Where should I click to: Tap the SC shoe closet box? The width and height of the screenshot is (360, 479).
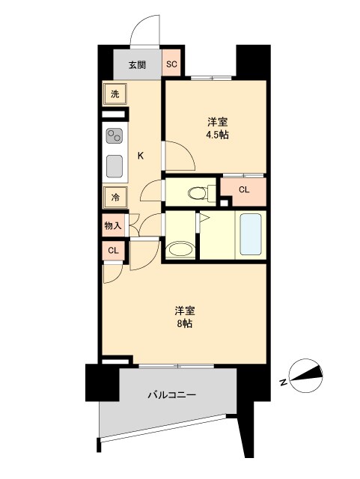click(171, 64)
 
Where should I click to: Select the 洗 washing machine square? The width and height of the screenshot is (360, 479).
click(115, 94)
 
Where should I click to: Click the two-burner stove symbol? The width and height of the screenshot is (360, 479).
click(115, 135)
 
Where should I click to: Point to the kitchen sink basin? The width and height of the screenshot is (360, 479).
click(115, 164)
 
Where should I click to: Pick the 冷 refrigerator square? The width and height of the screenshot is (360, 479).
click(115, 197)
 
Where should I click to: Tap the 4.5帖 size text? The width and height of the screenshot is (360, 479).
click(217, 135)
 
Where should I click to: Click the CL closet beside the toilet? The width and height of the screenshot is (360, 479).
click(243, 189)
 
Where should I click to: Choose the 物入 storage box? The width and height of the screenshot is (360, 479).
click(113, 225)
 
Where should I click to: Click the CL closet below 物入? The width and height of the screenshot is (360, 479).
click(113, 251)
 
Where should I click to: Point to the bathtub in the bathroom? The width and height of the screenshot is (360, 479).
click(249, 236)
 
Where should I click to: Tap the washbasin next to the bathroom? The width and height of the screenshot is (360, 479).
click(180, 249)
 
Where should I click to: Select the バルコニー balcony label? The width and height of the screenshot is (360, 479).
click(171, 394)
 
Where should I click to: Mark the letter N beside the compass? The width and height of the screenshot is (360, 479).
click(284, 382)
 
